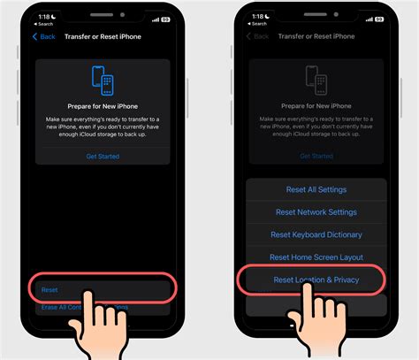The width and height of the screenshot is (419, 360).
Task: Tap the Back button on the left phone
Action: [x=44, y=36]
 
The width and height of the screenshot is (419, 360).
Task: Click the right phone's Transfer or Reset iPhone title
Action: [x=316, y=36]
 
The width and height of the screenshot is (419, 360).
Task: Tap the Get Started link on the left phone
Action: [x=103, y=157]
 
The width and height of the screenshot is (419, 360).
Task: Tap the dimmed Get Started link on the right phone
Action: [x=316, y=157]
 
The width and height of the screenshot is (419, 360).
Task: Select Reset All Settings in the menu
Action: [x=316, y=189]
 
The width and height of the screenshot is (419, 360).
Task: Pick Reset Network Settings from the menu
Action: [x=316, y=212]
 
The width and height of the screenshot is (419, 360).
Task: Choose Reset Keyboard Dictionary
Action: [x=316, y=234]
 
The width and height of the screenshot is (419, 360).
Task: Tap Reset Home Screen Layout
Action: [x=316, y=257]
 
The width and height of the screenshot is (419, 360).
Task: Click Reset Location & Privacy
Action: [x=316, y=280]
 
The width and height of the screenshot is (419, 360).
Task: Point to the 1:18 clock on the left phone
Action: [x=42, y=18]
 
